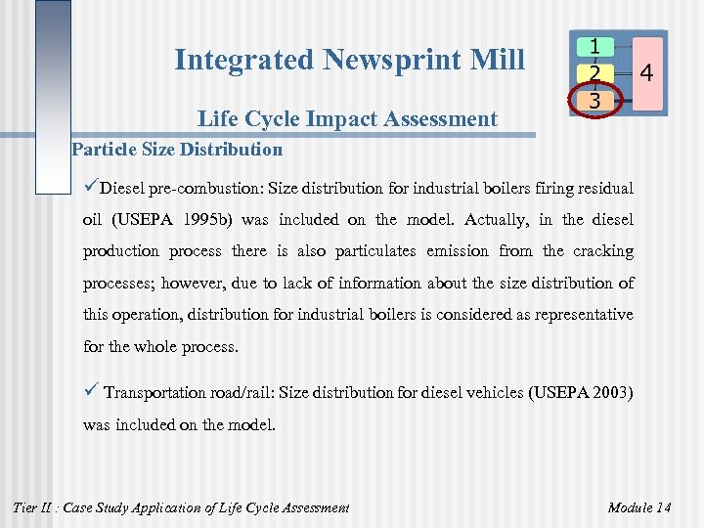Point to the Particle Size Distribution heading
177,150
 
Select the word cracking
601,251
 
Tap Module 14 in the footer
638,506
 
